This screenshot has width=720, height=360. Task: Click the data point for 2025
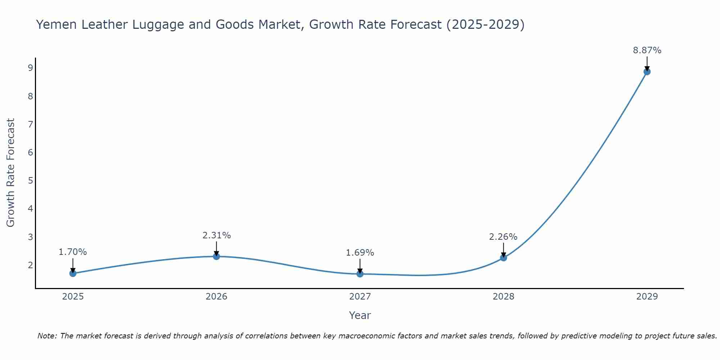click(73, 273)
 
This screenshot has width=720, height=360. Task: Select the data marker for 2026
click(216, 256)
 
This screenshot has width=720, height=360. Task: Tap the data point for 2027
click(360, 274)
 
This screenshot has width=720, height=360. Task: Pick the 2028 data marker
click(503, 258)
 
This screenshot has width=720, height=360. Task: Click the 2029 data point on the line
click(647, 72)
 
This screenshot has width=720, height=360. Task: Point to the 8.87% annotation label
click(647, 50)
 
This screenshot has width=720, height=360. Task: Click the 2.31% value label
click(216, 235)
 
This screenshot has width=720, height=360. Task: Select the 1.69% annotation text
click(360, 253)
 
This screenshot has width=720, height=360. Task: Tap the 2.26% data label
click(503, 237)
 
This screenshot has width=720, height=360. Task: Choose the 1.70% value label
click(73, 252)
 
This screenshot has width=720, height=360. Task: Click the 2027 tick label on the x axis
click(360, 297)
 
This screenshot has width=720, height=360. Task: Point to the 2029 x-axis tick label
click(647, 297)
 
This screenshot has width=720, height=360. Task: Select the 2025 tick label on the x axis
click(73, 297)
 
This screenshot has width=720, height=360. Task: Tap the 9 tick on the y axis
click(30, 68)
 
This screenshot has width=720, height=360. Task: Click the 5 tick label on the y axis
click(30, 180)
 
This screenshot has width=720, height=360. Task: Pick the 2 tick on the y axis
click(30, 265)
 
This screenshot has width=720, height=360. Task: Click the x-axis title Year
click(360, 315)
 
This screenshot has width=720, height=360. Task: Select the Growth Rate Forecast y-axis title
click(11, 173)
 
